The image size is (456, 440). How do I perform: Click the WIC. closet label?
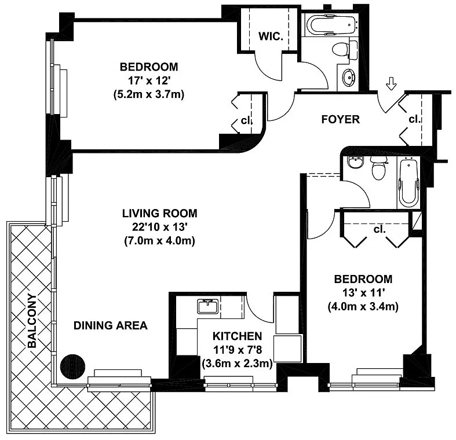pos(271,36)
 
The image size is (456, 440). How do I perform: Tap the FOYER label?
pos(340,119)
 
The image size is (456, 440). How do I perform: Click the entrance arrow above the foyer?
pos(391,85)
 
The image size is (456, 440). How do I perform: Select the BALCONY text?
pos(32,321)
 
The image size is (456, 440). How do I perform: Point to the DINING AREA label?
pos(111,325)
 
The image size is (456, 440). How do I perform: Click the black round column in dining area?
pos(72,366)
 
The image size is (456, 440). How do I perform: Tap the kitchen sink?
pos(207,307)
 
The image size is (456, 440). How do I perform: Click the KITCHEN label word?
pos(238,336)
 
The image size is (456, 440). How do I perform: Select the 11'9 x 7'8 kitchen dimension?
pos(238,350)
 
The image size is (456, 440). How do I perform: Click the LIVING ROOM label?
pos(160,213)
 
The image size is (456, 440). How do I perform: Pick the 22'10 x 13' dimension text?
pos(159,227)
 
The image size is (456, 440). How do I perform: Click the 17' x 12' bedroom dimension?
pos(149,80)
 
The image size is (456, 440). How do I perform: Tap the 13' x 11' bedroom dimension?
pos(363,292)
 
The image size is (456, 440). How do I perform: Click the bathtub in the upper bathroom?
pos(332,25)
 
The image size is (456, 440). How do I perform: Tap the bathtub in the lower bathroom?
pos(408,182)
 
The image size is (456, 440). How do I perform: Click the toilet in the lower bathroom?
pos(378,168)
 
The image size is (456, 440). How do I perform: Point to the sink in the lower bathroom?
pos(356,162)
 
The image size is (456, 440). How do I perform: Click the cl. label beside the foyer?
pos(414,119)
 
